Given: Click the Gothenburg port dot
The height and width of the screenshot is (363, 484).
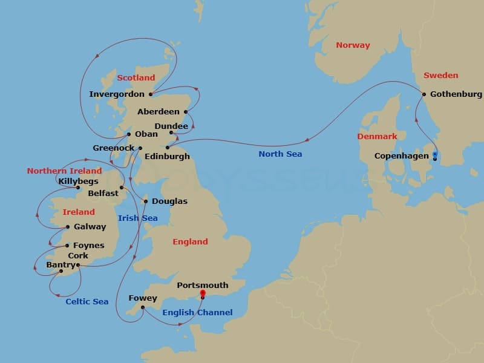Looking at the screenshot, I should point(424,94).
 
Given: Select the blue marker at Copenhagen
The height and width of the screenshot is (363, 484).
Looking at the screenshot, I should point(434,155).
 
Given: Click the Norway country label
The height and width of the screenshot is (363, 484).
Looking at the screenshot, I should point(353,45).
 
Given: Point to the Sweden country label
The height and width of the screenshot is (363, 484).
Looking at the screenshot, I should point(440,76).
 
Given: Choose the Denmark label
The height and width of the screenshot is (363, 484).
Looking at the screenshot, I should point(377,137).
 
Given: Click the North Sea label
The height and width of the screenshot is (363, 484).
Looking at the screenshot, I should point(280,154).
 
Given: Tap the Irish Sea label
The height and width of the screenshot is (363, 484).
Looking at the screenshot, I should point(138,218).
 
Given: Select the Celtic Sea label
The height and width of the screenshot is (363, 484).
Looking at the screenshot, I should point(87,302).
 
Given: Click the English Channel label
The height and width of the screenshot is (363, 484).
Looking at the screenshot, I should point(197,313).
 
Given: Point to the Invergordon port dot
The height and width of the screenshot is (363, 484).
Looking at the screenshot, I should point(150,94).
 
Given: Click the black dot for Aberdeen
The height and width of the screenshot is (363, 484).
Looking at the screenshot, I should point(186,112).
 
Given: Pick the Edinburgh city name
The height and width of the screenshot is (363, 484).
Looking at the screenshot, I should point(168,157).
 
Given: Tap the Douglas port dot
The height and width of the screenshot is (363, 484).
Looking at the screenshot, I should point(145,201).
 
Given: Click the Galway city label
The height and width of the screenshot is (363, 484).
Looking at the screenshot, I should point(90,227).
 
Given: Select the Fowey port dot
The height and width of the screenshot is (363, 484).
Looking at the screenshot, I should point(142,307).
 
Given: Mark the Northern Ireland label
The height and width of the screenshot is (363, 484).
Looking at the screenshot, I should point(64,171).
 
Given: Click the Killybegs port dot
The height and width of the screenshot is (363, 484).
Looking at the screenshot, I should point(78,188).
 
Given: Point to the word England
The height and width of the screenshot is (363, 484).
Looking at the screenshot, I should point(190,242).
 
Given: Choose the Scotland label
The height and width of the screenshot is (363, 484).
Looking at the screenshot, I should point(136,78).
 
